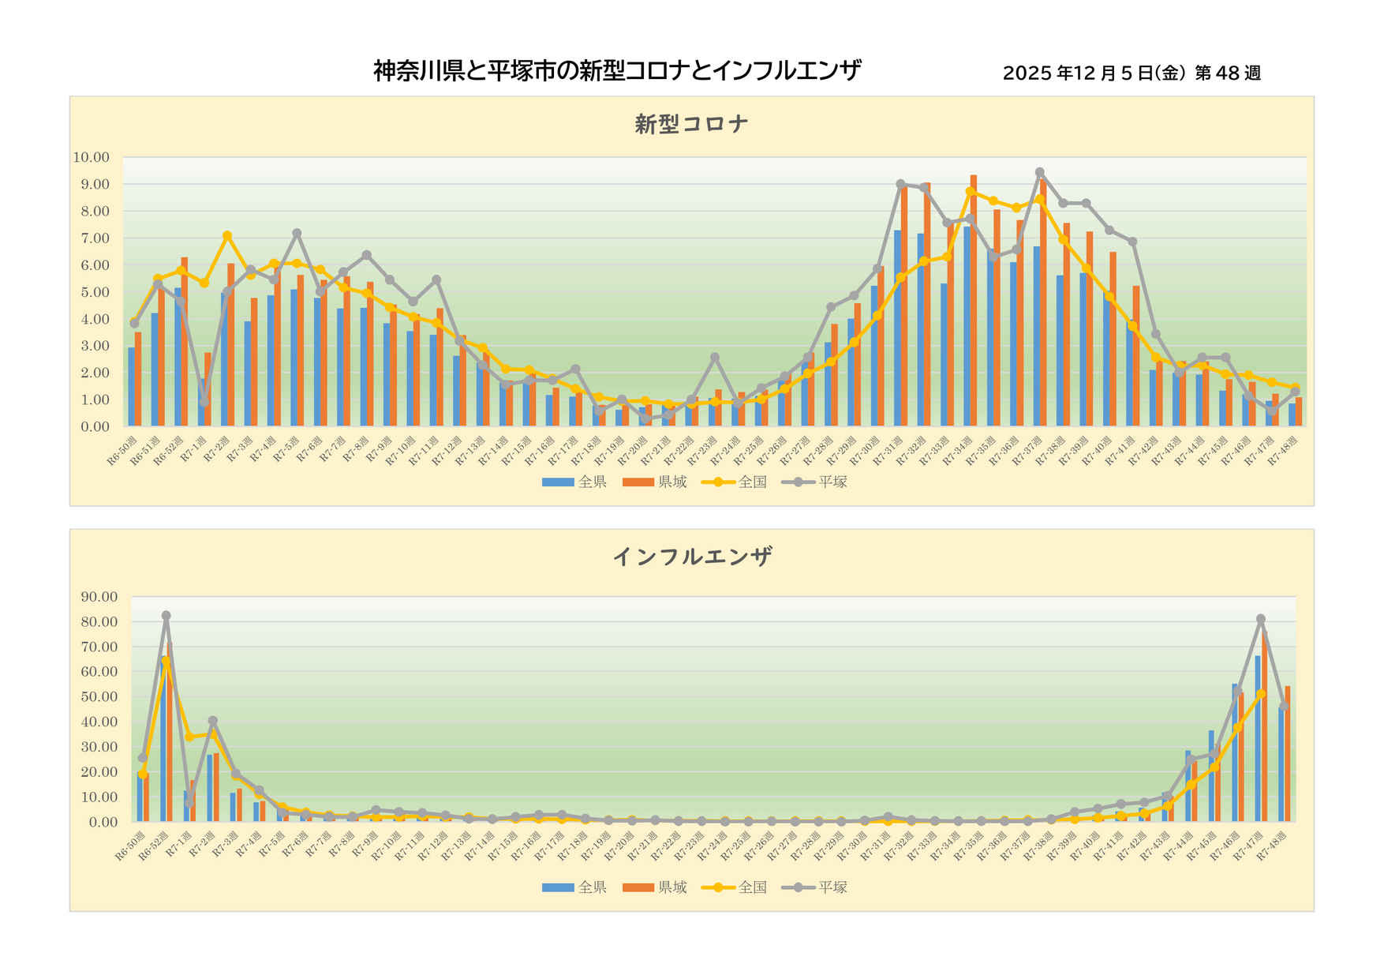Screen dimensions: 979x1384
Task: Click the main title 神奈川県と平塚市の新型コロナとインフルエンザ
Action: pyautogui.click(x=616, y=71)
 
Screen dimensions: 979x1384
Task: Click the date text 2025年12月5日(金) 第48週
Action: pyautogui.click(x=1132, y=73)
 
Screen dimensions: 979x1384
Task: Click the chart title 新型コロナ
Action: pyautogui.click(x=691, y=124)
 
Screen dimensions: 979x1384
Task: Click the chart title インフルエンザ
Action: pyautogui.click(x=691, y=557)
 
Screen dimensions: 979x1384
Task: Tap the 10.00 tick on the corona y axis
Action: pyautogui.click(x=92, y=157)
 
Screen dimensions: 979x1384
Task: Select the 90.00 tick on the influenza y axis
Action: pyautogui.click(x=99, y=597)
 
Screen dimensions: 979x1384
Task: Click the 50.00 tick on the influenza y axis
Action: pyautogui.click(x=99, y=697)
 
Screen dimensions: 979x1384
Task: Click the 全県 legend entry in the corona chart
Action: pyautogui.click(x=574, y=482)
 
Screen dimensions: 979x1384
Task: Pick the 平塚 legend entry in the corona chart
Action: pyautogui.click(x=815, y=482)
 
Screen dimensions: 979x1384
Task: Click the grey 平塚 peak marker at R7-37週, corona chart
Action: pyautogui.click(x=1039, y=172)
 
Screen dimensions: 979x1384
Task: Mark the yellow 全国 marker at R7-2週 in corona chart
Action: pyautogui.click(x=227, y=235)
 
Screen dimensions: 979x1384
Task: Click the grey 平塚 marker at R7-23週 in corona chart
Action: pyautogui.click(x=715, y=358)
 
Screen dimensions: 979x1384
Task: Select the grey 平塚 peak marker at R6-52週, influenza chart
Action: pyautogui.click(x=166, y=616)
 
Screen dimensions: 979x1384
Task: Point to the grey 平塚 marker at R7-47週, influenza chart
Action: pyautogui.click(x=1260, y=619)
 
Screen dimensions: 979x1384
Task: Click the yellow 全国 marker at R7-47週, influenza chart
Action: pyautogui.click(x=1260, y=694)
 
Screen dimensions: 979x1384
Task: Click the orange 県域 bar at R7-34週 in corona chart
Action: pyautogui.click(x=974, y=300)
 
